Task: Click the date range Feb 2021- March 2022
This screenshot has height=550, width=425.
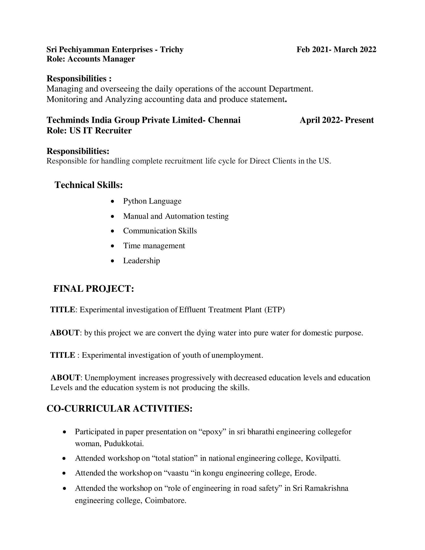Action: pyautogui.click(x=336, y=49)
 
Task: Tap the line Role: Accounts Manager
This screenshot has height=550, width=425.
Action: pyautogui.click(x=91, y=59)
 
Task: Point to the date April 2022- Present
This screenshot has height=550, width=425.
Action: pyautogui.click(x=337, y=120)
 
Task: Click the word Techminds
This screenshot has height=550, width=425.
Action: pyautogui.click(x=68, y=120)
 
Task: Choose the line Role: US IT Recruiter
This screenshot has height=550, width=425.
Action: pyautogui.click(x=89, y=131)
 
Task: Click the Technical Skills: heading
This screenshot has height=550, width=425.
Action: pyautogui.click(x=89, y=185)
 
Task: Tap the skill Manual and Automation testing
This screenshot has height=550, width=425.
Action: pyautogui.click(x=176, y=216)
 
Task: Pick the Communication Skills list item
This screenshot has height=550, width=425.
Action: pyautogui.click(x=160, y=231)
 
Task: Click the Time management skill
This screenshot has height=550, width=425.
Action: pyautogui.click(x=154, y=245)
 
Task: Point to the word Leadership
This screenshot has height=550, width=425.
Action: pyautogui.click(x=141, y=261)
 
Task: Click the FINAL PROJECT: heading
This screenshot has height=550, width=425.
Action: pyautogui.click(x=93, y=288)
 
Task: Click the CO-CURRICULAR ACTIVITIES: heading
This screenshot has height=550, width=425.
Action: pyautogui.click(x=119, y=408)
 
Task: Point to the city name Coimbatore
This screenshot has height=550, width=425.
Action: pyautogui.click(x=165, y=500)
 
